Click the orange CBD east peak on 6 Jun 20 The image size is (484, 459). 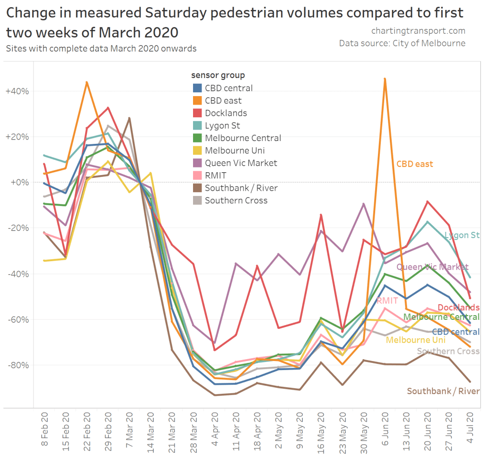coord(385,79)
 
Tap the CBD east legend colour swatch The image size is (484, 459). coord(198,100)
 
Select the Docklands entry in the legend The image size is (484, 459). coord(226,113)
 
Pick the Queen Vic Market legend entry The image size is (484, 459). coord(241,163)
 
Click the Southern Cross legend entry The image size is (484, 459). coord(236,201)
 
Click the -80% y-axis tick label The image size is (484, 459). coord(18,365)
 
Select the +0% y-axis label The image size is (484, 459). coord(18,182)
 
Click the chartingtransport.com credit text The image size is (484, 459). coord(418,31)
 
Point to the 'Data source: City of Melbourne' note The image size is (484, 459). coord(402,44)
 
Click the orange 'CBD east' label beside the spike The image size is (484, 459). coord(415,164)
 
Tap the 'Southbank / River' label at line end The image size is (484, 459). coord(443,391)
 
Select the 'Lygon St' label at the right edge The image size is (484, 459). coord(462,235)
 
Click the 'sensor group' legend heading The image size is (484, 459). coord(218,75)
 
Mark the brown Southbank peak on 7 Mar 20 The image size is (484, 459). coord(129,118)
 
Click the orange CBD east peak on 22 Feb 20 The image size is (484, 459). coord(87,82)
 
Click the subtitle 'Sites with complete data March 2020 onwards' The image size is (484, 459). coord(101,48)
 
